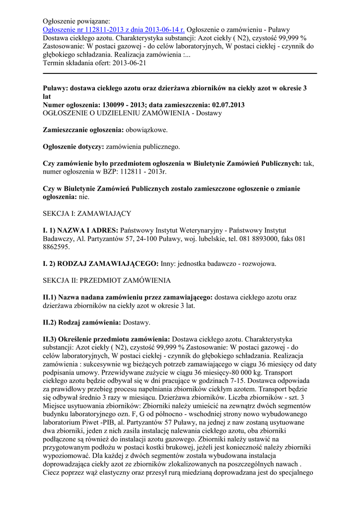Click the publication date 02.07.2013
pyautogui.click(x=223, y=105)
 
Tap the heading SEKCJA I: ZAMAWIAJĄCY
pyautogui.click(x=87, y=213)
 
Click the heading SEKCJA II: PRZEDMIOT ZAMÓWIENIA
pyautogui.click(x=107, y=280)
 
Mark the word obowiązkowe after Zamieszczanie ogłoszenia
pyautogui.click(x=147, y=130)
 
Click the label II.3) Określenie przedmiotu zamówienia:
pyautogui.click(x=107, y=339)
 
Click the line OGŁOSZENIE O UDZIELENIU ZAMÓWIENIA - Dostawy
pyautogui.click(x=133, y=113)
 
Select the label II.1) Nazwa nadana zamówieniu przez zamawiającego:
pyautogui.click(x=128, y=297)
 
